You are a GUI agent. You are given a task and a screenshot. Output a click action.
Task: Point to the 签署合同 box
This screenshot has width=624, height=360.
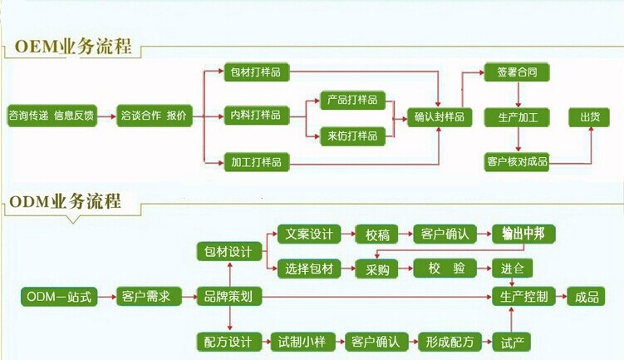517,72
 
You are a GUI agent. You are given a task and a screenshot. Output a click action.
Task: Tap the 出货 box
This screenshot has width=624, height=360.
589,116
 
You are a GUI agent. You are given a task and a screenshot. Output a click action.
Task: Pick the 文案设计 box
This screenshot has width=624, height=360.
307,234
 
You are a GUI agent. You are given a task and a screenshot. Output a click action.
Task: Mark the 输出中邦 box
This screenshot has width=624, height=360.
523,234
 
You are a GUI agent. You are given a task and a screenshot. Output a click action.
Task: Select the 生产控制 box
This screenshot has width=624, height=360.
524,297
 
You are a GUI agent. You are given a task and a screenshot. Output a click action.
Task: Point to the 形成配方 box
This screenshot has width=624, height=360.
450,342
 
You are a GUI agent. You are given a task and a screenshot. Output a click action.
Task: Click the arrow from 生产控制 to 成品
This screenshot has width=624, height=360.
562,297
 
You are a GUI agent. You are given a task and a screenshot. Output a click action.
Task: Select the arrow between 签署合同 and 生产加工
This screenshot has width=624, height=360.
517,94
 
